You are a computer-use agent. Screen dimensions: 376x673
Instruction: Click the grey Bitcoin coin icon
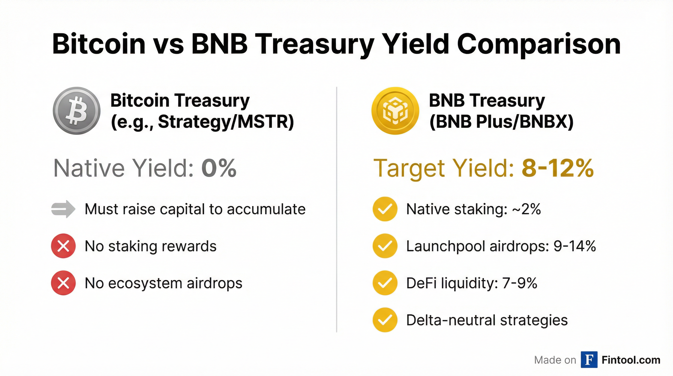(77, 111)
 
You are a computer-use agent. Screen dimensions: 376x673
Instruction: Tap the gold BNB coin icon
(395, 111)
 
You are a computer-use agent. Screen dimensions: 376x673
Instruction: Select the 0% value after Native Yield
(219, 168)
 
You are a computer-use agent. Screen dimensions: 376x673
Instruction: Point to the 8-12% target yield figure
(558, 168)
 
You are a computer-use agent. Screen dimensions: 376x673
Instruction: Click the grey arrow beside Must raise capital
(63, 209)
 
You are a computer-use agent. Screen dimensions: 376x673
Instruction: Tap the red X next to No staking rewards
(63, 246)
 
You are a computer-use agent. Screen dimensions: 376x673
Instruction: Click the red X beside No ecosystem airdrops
(63, 283)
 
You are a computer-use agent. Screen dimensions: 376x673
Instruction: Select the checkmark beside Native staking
(385, 209)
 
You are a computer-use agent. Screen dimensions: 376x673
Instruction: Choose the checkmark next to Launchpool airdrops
(385, 246)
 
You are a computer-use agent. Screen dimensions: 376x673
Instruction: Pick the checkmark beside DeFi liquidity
(385, 283)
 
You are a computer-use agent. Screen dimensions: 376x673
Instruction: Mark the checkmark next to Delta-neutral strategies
(385, 320)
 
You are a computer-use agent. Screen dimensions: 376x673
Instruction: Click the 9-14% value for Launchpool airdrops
(574, 246)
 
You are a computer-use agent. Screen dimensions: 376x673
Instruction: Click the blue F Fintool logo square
(589, 360)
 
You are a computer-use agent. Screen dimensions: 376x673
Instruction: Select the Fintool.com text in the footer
(631, 360)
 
